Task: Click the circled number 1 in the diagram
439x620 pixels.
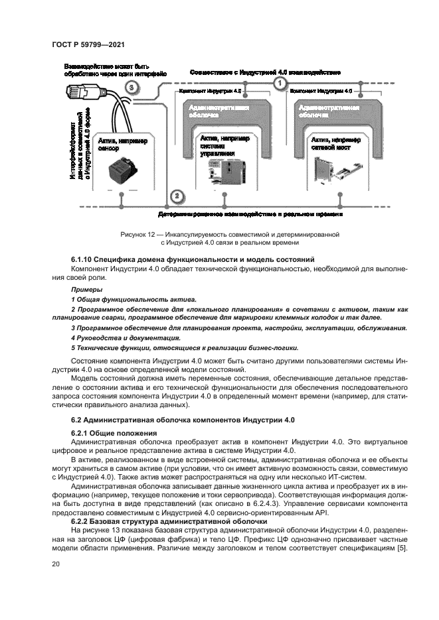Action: pyautogui.click(x=280, y=83)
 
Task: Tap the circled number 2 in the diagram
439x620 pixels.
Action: pyautogui.click(x=176, y=196)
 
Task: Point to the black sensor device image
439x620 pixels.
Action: pyautogui.click(x=122, y=172)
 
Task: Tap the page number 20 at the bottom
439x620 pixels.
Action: pyautogui.click(x=56, y=563)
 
